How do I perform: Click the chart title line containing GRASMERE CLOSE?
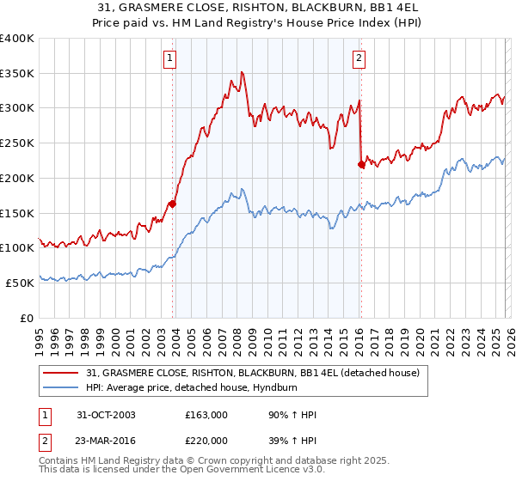[x=257, y=8]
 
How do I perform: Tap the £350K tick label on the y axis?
[x=17, y=74]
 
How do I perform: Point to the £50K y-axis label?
[x=20, y=283]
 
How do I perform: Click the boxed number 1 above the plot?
[x=170, y=58]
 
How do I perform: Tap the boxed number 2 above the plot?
[x=359, y=58]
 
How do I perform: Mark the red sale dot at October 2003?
[x=173, y=204]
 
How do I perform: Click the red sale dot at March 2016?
[x=361, y=164]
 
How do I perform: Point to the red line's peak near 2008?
[x=243, y=73]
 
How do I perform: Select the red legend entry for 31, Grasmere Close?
[x=253, y=372]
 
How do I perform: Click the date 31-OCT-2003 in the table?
[x=105, y=415]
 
